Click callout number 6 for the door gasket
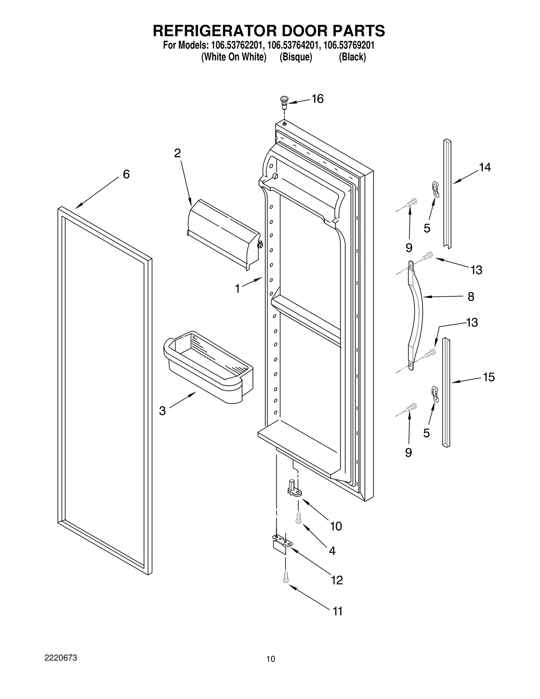pyautogui.click(x=126, y=174)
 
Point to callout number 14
pyautogui.click(x=485, y=167)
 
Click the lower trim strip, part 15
pyautogui.click(x=446, y=392)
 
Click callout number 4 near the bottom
pyautogui.click(x=332, y=551)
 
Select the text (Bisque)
pyautogui.click(x=296, y=57)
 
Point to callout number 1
pyautogui.click(x=237, y=289)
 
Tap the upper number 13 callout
pyautogui.click(x=476, y=270)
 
